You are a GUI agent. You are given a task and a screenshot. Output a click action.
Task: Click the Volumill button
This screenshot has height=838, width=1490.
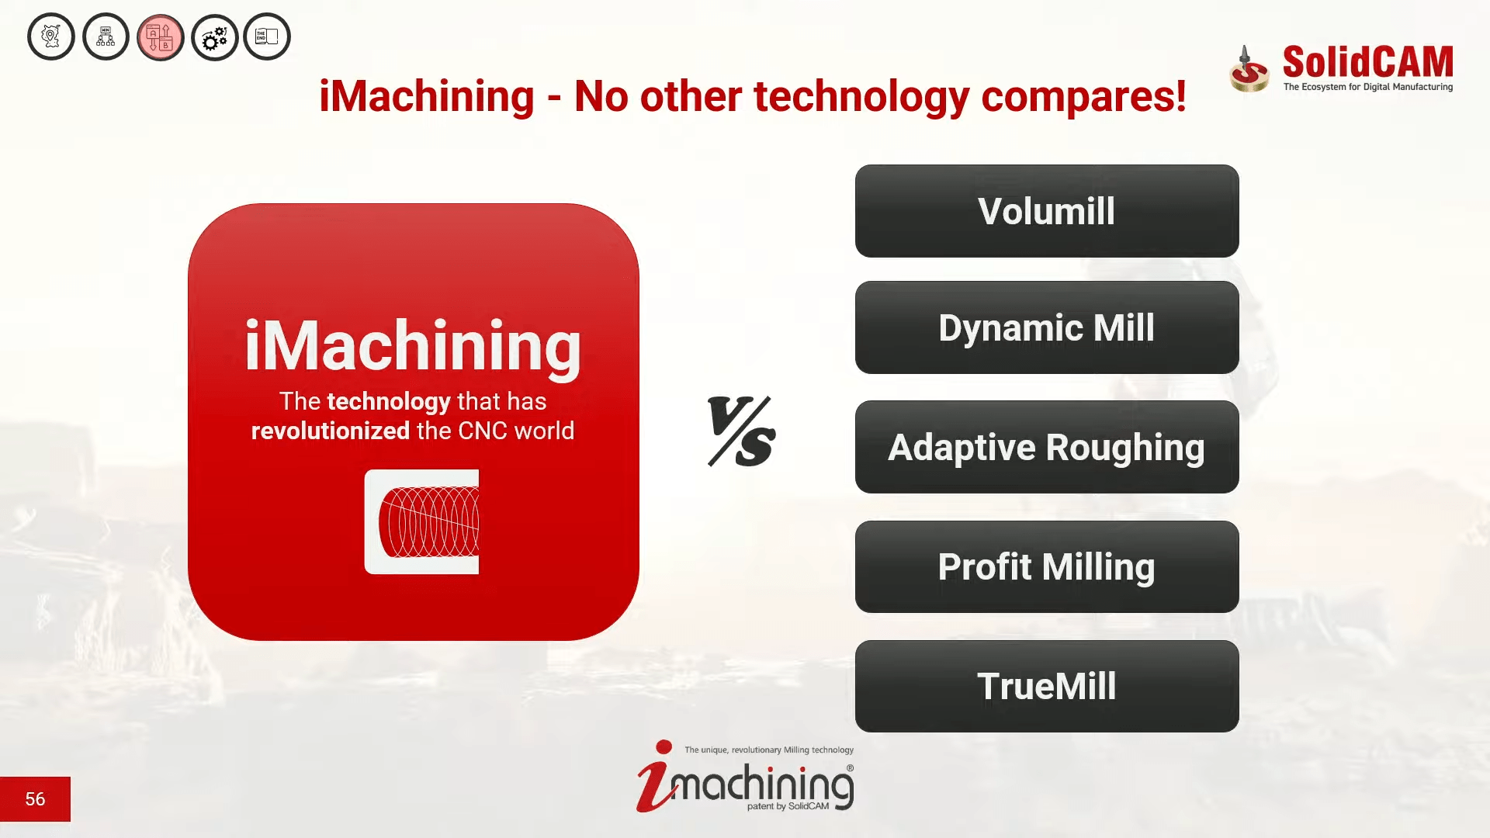[1047, 211]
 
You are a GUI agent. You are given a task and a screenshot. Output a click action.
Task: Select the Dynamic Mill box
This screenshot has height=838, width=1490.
[1047, 327]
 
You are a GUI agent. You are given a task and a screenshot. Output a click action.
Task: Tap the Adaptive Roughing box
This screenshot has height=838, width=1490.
[1047, 447]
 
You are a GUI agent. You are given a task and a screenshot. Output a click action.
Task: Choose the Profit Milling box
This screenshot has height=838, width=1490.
[1047, 566]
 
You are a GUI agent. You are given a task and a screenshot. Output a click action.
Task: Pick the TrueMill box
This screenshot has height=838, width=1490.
[1047, 686]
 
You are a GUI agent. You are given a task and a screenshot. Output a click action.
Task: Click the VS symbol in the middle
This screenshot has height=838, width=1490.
[741, 431]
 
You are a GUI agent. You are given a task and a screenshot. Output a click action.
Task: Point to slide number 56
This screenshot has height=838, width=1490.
[35, 799]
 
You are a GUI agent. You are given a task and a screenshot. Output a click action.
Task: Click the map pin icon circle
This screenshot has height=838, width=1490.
[51, 36]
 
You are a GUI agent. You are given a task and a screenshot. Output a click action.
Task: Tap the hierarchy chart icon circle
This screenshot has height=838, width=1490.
[106, 36]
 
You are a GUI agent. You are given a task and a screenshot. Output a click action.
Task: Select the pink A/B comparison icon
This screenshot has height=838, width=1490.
[161, 37]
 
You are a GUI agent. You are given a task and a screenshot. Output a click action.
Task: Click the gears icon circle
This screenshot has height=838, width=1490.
[215, 37]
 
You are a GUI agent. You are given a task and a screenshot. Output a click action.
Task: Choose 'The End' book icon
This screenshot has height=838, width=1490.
[267, 36]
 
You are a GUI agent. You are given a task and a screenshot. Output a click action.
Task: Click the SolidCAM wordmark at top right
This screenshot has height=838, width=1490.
[1367, 61]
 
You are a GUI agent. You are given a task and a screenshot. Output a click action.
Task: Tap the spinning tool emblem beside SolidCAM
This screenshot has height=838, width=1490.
[1249, 70]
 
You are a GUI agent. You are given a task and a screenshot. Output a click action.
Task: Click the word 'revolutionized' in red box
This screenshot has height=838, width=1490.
[331, 431]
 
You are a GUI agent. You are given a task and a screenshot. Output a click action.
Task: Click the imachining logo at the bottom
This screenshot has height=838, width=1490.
[745, 777]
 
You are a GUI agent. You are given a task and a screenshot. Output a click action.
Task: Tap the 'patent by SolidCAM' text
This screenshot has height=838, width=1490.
[788, 806]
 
